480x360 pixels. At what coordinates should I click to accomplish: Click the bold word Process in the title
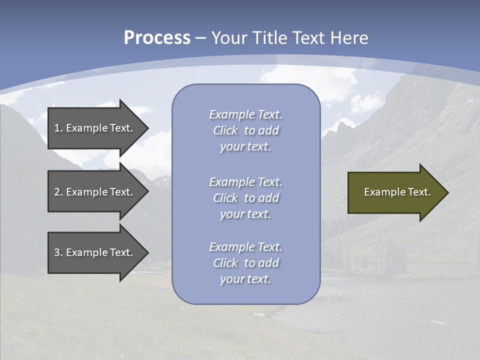click(x=157, y=38)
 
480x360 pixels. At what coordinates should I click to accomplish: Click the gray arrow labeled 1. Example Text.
click(x=95, y=128)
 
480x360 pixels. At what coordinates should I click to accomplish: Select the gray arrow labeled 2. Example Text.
click(x=95, y=192)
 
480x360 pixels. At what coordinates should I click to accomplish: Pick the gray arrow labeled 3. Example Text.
click(x=95, y=252)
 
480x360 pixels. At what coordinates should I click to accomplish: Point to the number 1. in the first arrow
click(x=58, y=128)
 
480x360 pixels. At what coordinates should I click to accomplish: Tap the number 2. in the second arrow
click(x=58, y=192)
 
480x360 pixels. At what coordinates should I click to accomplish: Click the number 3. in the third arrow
click(x=58, y=252)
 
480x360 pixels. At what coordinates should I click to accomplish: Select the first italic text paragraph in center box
click(x=245, y=130)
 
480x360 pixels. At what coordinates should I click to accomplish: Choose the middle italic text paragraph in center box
click(x=245, y=198)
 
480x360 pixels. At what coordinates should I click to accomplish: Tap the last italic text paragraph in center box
click(x=245, y=263)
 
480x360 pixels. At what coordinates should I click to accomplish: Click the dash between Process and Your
click(x=200, y=38)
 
